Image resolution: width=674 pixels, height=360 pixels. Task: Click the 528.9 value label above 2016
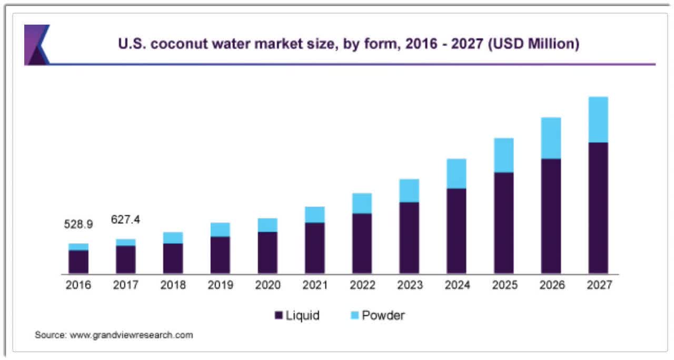click(78, 224)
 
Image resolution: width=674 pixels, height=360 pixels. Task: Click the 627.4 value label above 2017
click(125, 219)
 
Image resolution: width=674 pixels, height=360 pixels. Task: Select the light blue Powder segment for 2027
click(598, 119)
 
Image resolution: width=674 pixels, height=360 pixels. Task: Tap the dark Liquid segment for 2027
click(598, 208)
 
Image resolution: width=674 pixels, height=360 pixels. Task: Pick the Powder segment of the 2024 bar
click(457, 174)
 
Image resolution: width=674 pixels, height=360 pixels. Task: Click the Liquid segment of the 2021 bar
click(314, 248)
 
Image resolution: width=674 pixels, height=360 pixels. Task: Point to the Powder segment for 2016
click(78, 247)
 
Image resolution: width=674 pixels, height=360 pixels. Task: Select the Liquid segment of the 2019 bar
click(220, 255)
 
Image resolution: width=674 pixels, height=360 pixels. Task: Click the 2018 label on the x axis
click(173, 285)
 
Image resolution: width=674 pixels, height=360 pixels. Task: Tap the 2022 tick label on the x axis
click(362, 285)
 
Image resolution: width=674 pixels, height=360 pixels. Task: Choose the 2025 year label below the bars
click(504, 285)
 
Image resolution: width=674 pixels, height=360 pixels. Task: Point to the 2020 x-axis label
click(267, 285)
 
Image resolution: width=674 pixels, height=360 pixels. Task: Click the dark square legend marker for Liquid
click(279, 316)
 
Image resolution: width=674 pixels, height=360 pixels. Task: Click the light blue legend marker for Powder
click(354, 316)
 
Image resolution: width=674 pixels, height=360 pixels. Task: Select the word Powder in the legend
click(383, 316)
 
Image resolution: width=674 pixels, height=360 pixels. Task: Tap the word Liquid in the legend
click(303, 316)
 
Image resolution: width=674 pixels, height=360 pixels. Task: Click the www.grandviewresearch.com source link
click(131, 335)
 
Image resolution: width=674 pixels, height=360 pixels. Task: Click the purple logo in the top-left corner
click(36, 45)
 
